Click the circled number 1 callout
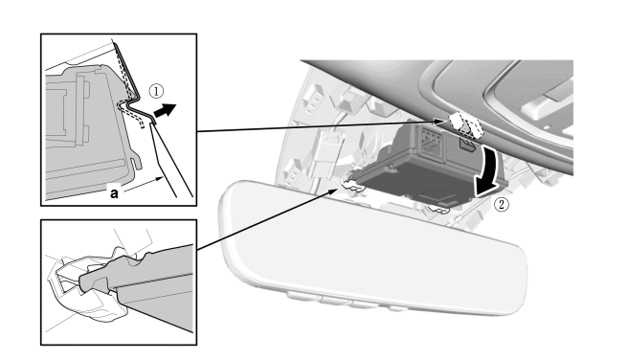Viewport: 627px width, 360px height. tap(156, 91)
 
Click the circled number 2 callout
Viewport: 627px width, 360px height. tap(502, 205)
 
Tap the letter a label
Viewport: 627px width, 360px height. tap(114, 193)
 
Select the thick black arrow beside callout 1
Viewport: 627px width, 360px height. tap(165, 110)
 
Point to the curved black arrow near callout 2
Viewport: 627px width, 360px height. tap(488, 172)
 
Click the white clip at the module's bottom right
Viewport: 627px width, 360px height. tap(439, 209)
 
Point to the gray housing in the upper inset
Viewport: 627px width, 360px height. tap(88, 132)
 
